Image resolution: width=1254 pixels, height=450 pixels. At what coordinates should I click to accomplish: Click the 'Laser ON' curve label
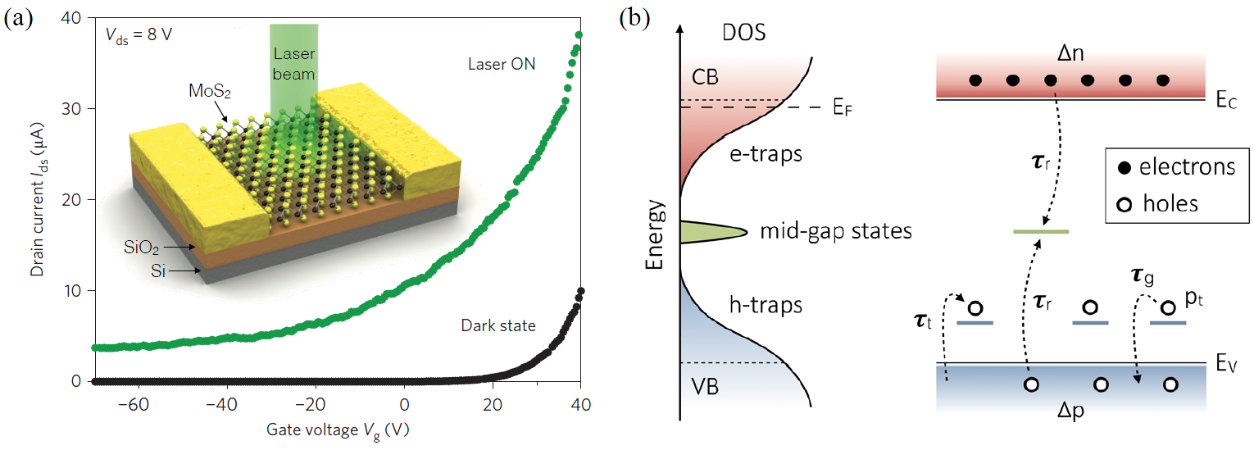pyautogui.click(x=502, y=63)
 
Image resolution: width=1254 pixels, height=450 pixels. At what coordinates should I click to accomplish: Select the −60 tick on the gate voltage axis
pyautogui.click(x=138, y=405)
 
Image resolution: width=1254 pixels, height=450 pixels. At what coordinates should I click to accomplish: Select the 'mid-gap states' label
pyautogui.click(x=836, y=231)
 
